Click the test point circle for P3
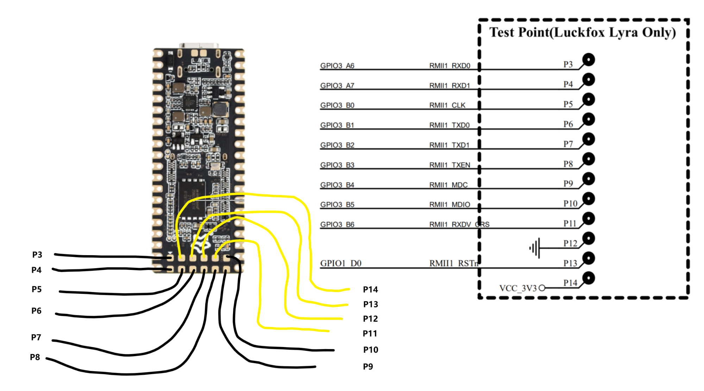(x=589, y=59)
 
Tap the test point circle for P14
(x=589, y=278)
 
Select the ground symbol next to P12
(x=535, y=248)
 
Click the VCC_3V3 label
(x=518, y=288)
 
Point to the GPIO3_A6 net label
(x=337, y=65)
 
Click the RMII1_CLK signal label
(x=447, y=105)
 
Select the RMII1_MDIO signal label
(x=450, y=204)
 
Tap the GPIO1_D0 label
(x=341, y=263)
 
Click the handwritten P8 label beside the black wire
(x=35, y=357)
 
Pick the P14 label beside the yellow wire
(x=370, y=289)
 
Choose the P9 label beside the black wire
(x=368, y=366)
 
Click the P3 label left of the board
(x=37, y=254)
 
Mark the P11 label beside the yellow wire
(x=370, y=333)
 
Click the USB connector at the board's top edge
(x=199, y=45)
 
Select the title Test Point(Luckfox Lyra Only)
(x=583, y=32)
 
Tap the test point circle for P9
(x=589, y=179)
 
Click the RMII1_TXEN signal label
(x=450, y=165)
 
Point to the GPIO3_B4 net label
(x=337, y=185)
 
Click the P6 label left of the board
(x=36, y=311)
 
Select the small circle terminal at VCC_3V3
(x=542, y=288)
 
